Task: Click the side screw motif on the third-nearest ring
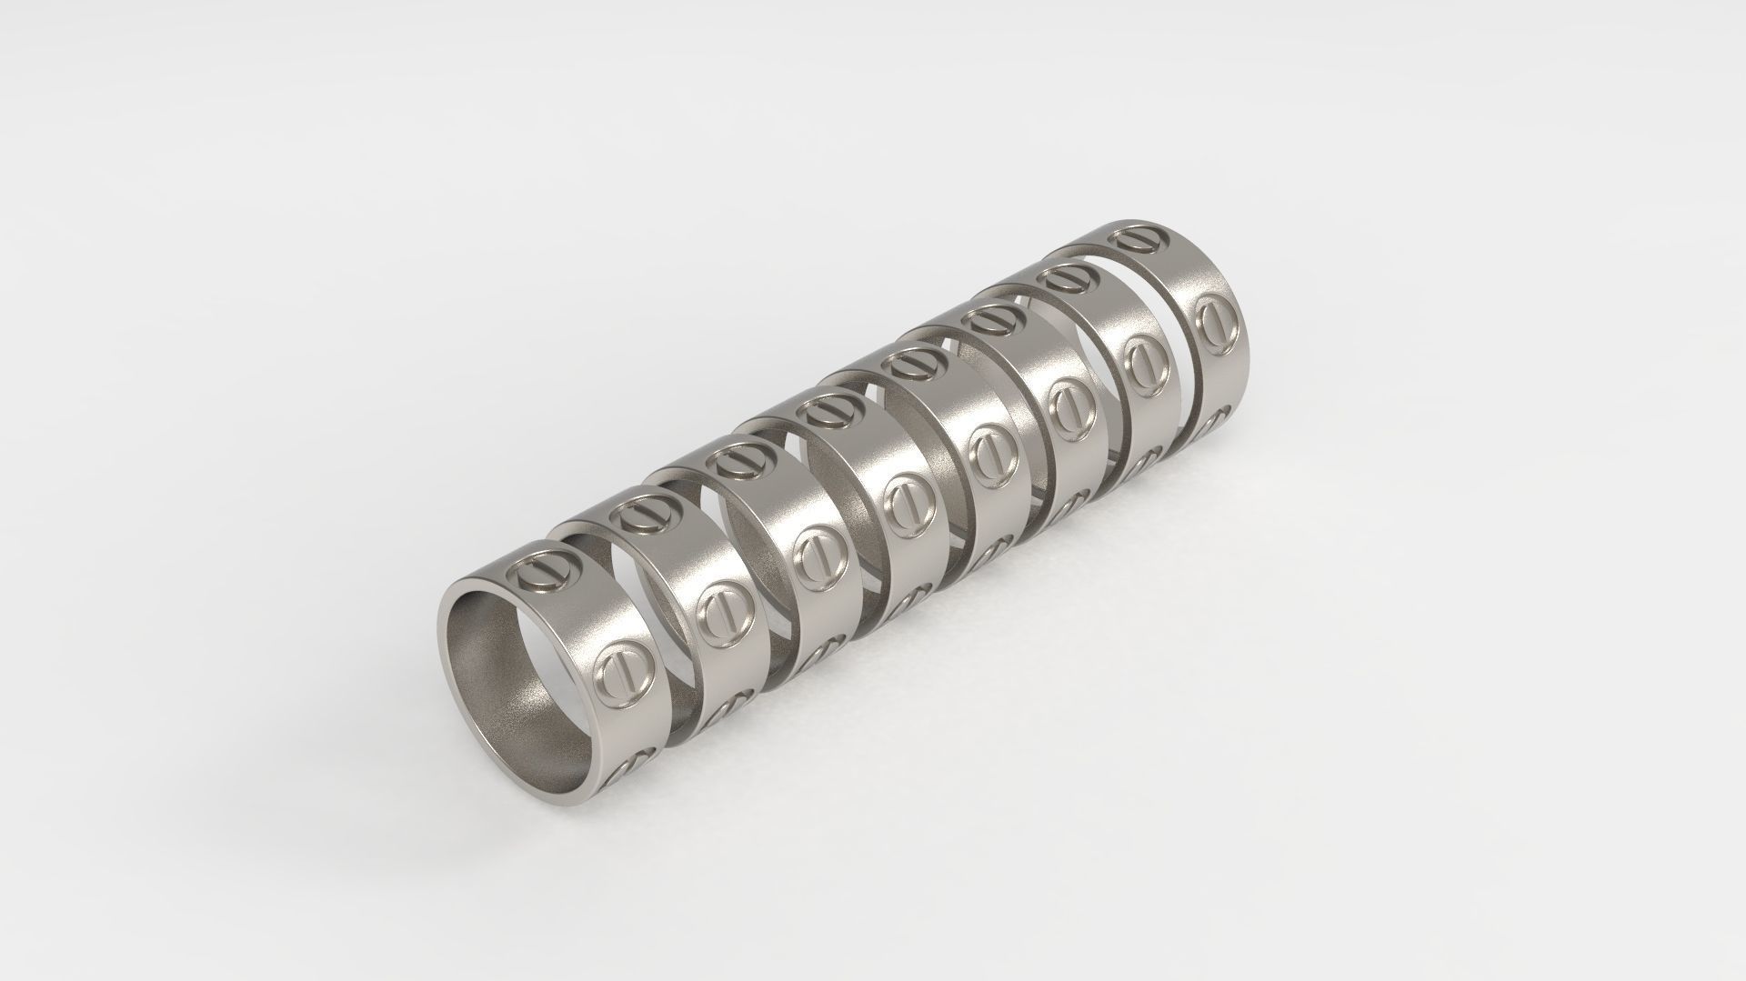814,556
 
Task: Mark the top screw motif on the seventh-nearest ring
1063,276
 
